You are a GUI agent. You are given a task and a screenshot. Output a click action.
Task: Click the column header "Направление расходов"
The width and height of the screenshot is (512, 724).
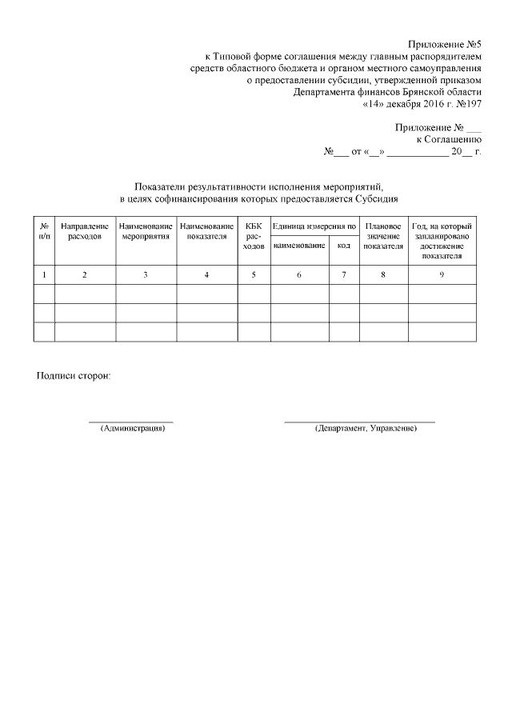85,233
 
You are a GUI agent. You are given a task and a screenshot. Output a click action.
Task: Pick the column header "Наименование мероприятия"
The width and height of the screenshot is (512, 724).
146,233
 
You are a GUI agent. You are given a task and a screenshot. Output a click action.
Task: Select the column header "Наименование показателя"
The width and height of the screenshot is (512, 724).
207,233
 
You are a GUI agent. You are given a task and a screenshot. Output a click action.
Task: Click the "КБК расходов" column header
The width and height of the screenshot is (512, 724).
254,238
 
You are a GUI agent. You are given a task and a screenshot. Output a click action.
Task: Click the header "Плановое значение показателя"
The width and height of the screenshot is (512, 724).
383,238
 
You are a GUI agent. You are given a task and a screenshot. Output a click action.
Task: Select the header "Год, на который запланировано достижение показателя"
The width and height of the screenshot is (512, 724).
442,242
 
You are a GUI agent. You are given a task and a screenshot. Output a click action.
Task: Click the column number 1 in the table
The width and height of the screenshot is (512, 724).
44,275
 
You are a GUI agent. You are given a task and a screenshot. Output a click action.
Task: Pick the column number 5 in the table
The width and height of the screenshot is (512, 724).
254,275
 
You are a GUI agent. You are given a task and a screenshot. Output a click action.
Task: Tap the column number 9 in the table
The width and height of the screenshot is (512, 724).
442,275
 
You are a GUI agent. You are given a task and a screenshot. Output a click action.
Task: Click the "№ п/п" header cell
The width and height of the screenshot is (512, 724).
44,233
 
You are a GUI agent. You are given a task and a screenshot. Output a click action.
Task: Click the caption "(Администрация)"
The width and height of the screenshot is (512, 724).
132,429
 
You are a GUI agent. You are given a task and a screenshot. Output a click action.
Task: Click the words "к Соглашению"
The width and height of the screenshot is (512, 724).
448,139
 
